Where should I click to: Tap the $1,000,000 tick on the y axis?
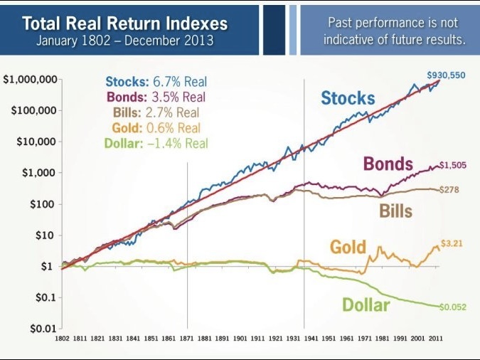pos(30,79)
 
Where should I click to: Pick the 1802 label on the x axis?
pos(63,339)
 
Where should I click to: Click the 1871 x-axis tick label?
pos(187,339)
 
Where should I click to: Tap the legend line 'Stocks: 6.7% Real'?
pos(156,83)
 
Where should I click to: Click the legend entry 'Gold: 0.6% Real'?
pos(156,128)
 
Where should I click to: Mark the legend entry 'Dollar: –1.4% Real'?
pos(156,143)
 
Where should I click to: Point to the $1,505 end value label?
pos(452,165)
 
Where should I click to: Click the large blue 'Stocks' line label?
pos(348,98)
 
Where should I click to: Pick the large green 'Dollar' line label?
pos(366,305)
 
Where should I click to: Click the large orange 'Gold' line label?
pos(348,247)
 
